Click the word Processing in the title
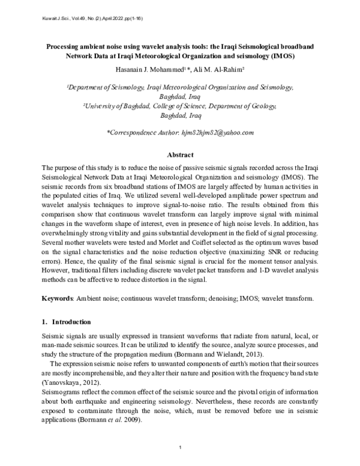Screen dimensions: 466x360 tap(67, 46)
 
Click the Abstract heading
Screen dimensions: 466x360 tap(179, 154)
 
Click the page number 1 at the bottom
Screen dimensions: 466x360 tap(180, 449)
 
